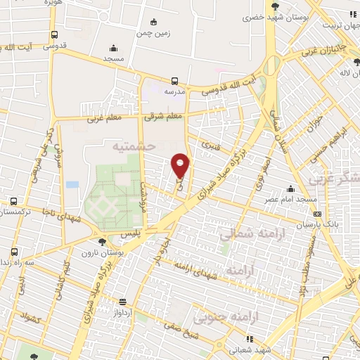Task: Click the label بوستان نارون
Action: click(x=102, y=252)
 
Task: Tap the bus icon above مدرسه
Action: click(x=175, y=80)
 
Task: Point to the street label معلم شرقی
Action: click(x=164, y=116)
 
